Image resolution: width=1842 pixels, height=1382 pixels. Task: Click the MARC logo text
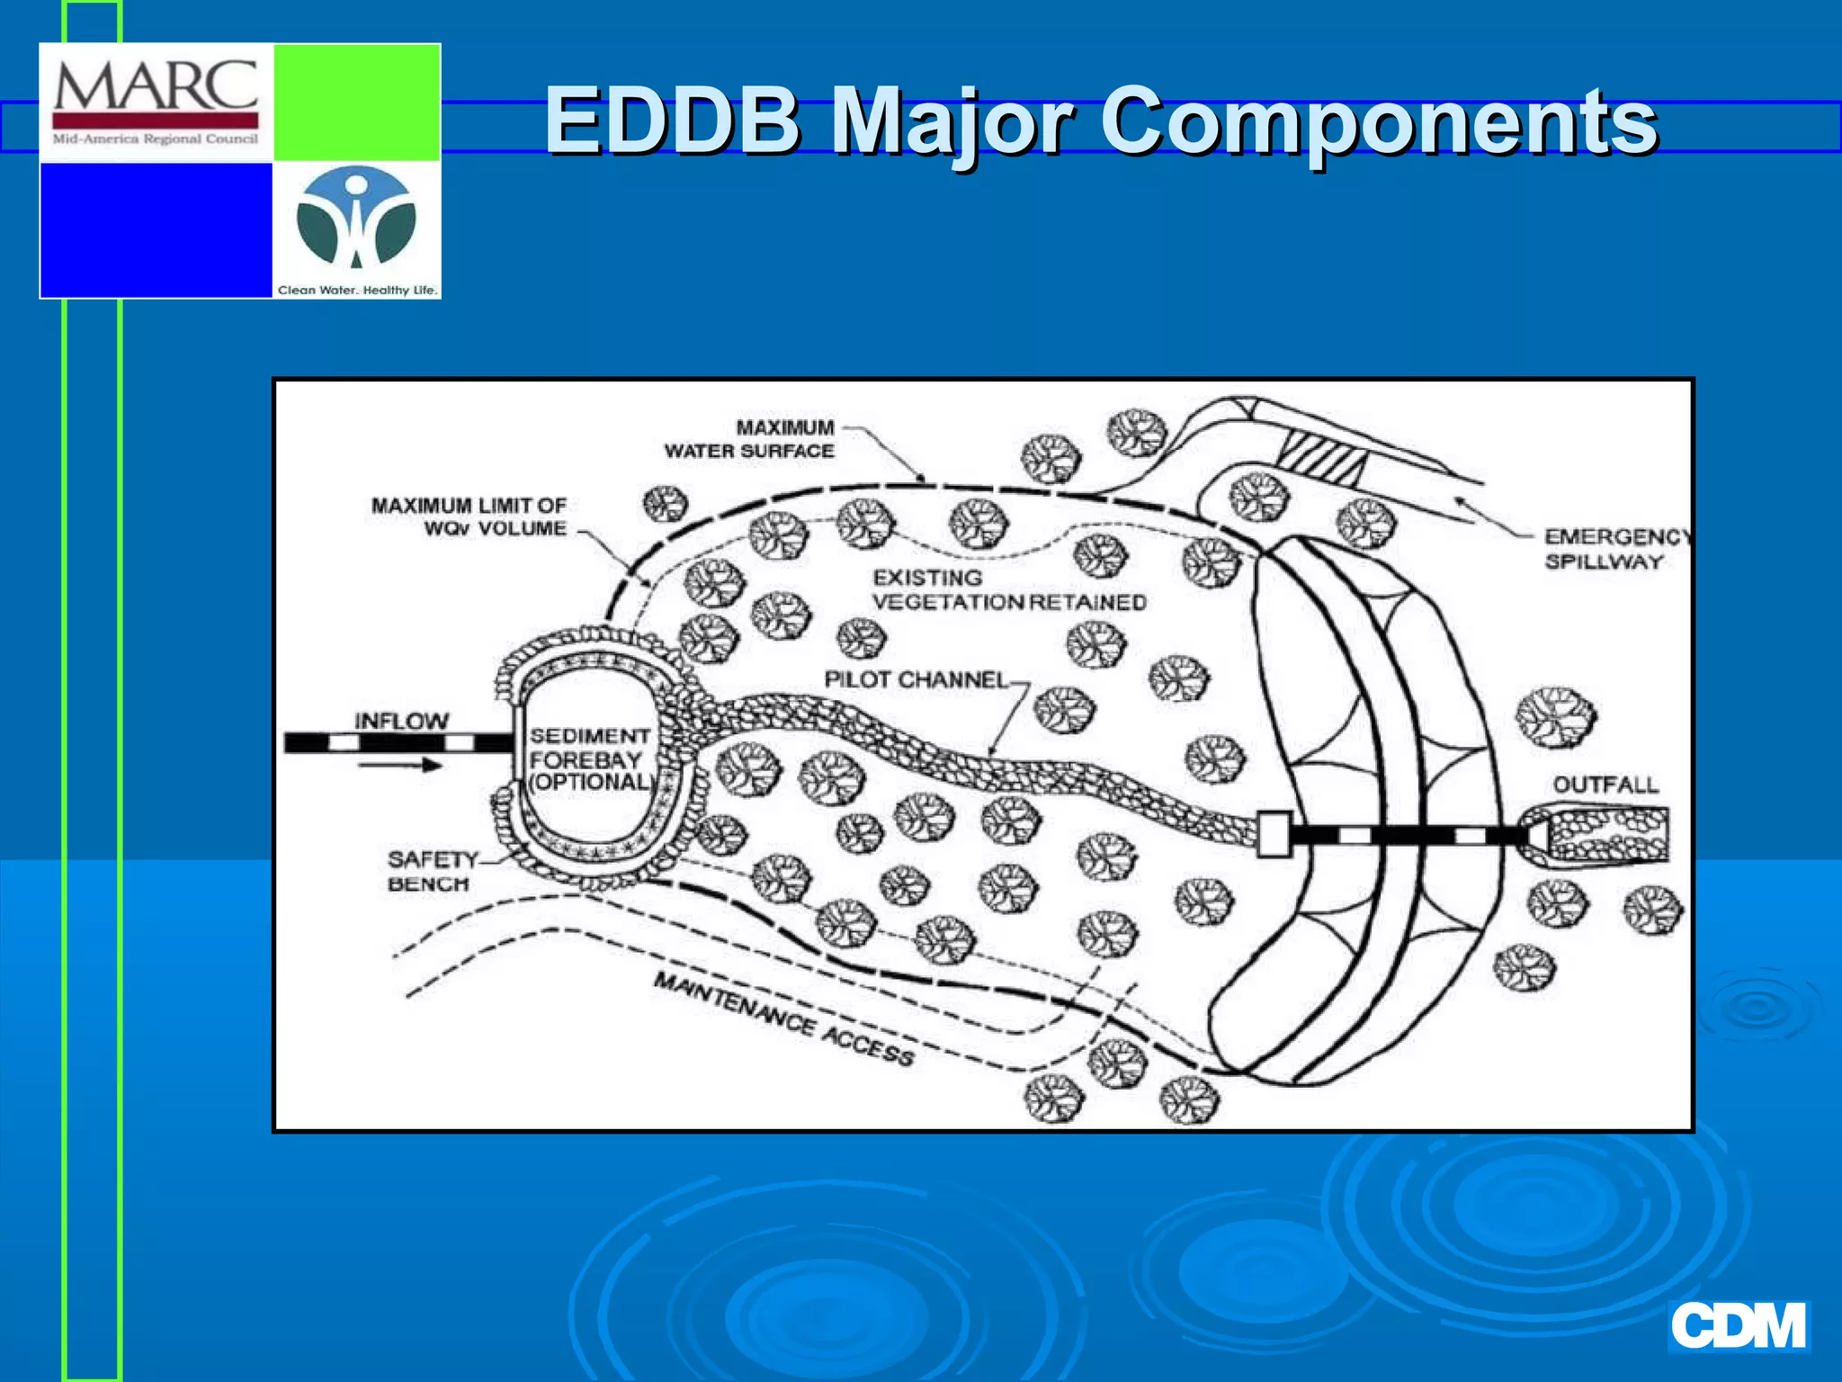tap(156, 88)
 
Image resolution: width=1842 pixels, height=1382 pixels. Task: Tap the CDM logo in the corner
tap(1738, 1326)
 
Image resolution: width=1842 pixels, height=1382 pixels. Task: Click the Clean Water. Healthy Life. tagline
tap(357, 290)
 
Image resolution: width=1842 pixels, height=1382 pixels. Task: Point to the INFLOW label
tap(401, 721)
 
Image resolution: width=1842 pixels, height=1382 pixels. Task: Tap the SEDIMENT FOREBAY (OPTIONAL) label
tap(589, 758)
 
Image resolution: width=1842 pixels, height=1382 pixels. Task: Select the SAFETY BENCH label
tap(431, 871)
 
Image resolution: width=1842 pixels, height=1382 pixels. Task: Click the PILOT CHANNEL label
tap(916, 680)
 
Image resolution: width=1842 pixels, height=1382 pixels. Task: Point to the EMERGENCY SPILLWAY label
tap(1614, 549)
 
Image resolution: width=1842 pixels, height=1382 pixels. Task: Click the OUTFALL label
tap(1605, 785)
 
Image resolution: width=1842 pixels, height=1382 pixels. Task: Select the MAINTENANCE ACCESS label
tap(783, 1019)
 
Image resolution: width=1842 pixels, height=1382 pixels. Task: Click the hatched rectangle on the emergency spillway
tap(1323, 456)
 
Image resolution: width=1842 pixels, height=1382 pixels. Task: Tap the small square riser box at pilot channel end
tap(1274, 834)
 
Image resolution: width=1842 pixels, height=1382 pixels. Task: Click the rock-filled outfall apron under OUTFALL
tap(1605, 834)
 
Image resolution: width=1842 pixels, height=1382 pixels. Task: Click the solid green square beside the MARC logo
tap(356, 103)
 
